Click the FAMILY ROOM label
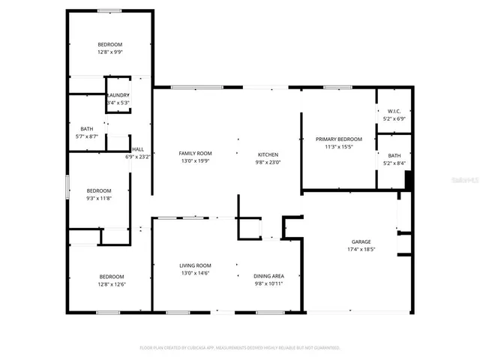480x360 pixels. pyautogui.click(x=195, y=153)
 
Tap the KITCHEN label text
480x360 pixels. pyautogui.click(x=268, y=153)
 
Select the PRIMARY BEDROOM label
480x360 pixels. pyautogui.click(x=338, y=139)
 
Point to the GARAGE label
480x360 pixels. pyautogui.click(x=361, y=241)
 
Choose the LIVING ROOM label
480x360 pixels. pyautogui.click(x=195, y=265)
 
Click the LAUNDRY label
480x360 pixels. pyautogui.click(x=118, y=95)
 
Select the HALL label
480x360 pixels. pyautogui.click(x=138, y=149)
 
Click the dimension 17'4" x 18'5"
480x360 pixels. pyautogui.click(x=361, y=250)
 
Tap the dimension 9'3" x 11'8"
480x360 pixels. pyautogui.click(x=99, y=198)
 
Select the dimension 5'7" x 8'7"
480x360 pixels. pyautogui.click(x=87, y=136)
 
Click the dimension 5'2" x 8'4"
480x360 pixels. pyautogui.click(x=394, y=163)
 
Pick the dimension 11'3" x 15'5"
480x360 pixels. pyautogui.click(x=338, y=147)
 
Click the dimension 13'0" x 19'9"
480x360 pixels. pyautogui.click(x=195, y=161)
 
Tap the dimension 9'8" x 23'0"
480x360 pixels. pyautogui.click(x=268, y=161)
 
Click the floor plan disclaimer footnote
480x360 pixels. pyautogui.click(x=240, y=348)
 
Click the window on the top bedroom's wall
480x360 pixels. pyautogui.click(x=110, y=10)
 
